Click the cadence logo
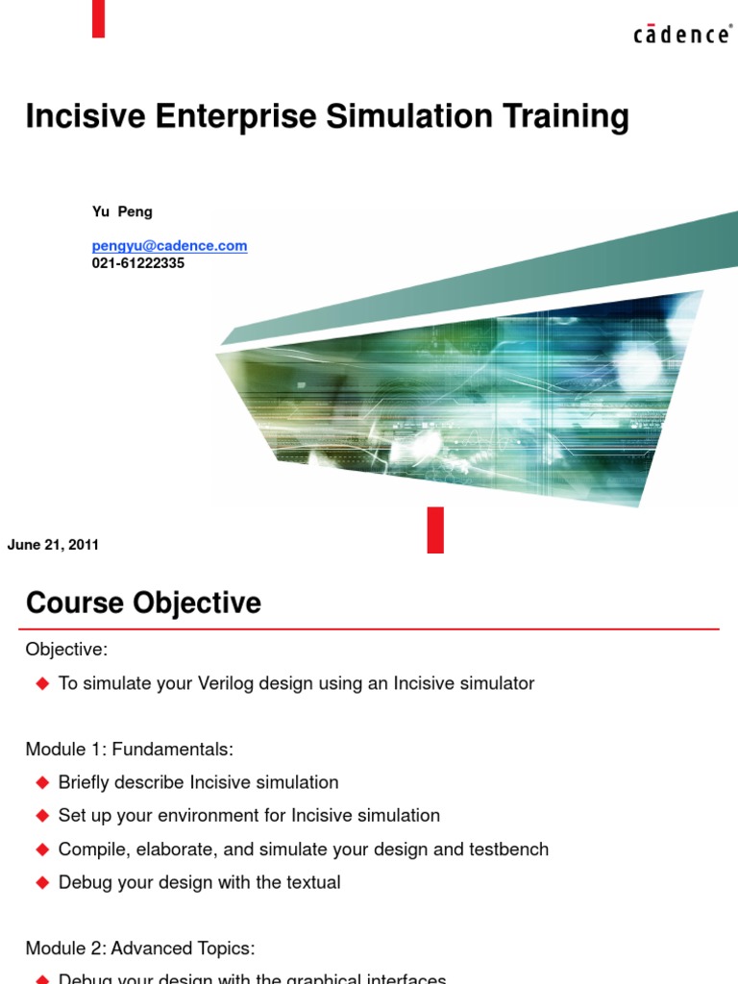pyautogui.click(x=682, y=35)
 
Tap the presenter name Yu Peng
pyautogui.click(x=122, y=211)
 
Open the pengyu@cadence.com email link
pyautogui.click(x=169, y=246)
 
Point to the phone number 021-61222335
pyautogui.click(x=137, y=262)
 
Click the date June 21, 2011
pyautogui.click(x=53, y=545)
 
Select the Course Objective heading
pyautogui.click(x=143, y=603)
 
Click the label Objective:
pyautogui.click(x=67, y=650)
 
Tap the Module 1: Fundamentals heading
pyautogui.click(x=130, y=749)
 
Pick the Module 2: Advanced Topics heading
pyautogui.click(x=140, y=948)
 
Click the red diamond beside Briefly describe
pyautogui.click(x=41, y=783)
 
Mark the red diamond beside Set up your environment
pyautogui.click(x=41, y=816)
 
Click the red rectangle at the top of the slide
pyautogui.click(x=98, y=18)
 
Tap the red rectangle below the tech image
pyautogui.click(x=435, y=529)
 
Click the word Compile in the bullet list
pyautogui.click(x=89, y=849)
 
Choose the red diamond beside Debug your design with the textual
pyautogui.click(x=41, y=882)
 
